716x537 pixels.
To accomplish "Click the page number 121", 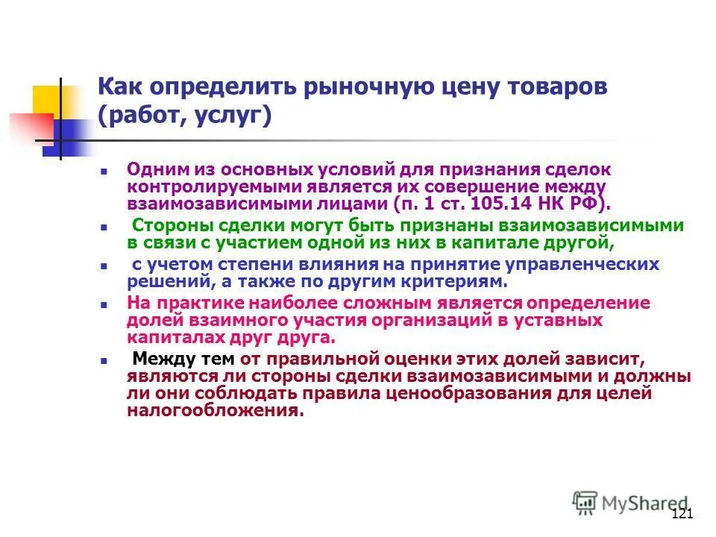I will pos(682,514).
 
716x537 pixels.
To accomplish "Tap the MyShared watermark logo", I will pos(631,503).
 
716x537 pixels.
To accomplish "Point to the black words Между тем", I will pos(183,358).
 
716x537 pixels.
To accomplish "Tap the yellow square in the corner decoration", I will pos(47,101).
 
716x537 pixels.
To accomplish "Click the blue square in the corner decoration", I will pos(63,137).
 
